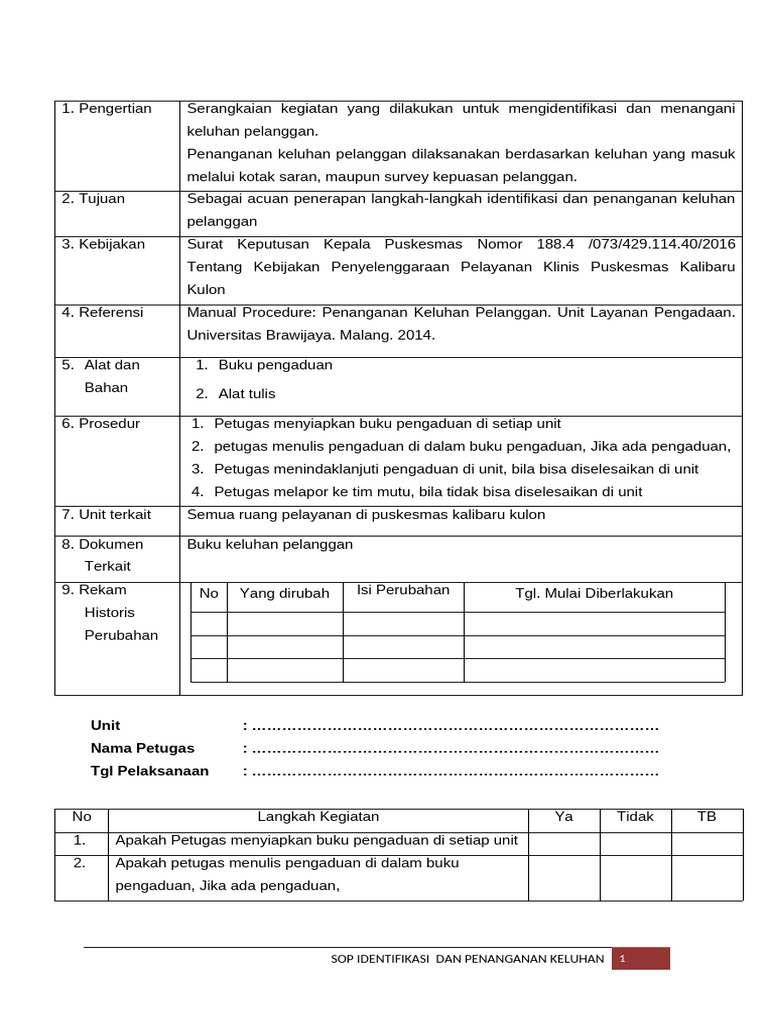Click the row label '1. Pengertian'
[x=107, y=109]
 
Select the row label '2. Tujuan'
[x=94, y=199]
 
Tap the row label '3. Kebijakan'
[x=104, y=244]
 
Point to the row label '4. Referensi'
[x=103, y=312]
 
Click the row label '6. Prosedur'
[x=101, y=424]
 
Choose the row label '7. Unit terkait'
[x=107, y=515]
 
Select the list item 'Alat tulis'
[x=247, y=394]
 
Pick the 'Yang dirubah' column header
[x=285, y=594]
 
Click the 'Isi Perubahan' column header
[x=403, y=590]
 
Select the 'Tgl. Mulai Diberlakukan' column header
[x=594, y=594]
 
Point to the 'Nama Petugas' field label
[x=143, y=748]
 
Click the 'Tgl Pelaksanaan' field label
[x=150, y=771]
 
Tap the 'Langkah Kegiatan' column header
[x=318, y=817]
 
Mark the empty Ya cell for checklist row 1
[x=564, y=842]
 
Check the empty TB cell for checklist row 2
[x=706, y=877]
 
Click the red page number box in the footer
[x=640, y=959]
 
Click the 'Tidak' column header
[x=635, y=817]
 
